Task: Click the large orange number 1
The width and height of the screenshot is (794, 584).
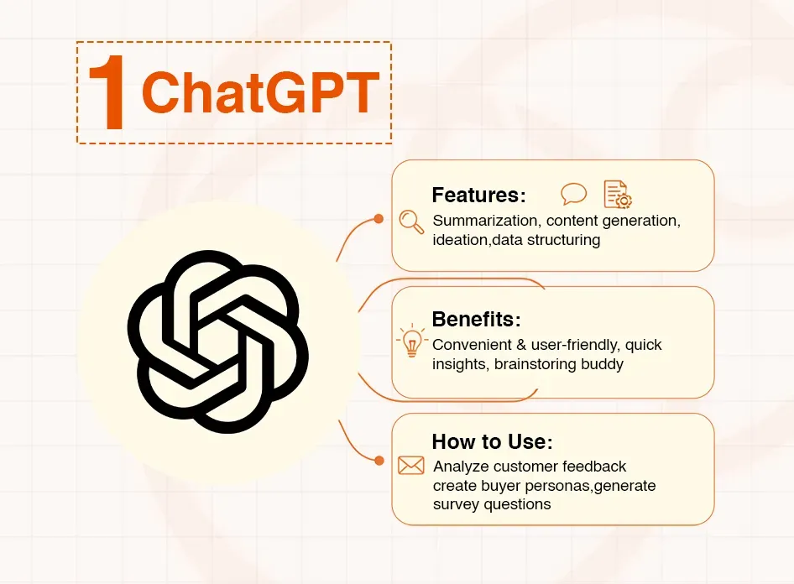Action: tap(107, 94)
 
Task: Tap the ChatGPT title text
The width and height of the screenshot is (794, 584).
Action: tap(260, 93)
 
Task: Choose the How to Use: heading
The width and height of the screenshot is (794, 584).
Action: tap(492, 442)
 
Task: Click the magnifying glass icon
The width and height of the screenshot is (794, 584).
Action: tap(411, 221)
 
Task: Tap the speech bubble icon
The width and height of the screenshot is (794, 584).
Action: tap(574, 194)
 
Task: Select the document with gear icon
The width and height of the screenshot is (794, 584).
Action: tap(618, 194)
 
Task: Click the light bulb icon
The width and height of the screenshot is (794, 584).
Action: tap(411, 342)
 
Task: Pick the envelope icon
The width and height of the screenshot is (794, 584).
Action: tap(411, 465)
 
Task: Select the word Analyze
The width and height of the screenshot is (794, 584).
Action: tap(461, 467)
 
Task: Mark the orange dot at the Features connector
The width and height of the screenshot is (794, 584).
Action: tap(379, 219)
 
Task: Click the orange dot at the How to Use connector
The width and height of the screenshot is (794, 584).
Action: tap(379, 461)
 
